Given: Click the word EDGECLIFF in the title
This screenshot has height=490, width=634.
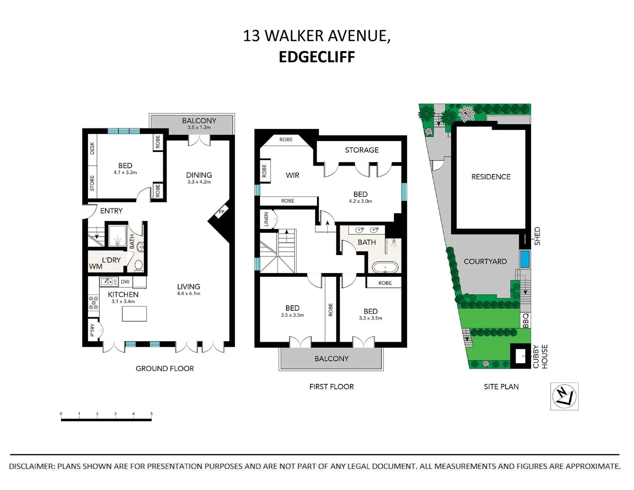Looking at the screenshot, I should (x=317, y=57).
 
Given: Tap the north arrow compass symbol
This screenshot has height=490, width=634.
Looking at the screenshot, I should (x=564, y=397).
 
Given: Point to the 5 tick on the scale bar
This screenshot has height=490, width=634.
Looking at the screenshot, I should (x=151, y=414).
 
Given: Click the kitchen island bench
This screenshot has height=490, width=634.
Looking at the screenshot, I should (x=134, y=314).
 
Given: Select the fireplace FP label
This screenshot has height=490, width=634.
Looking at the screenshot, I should (x=222, y=212).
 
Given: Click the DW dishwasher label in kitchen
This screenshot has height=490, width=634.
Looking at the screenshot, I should (x=125, y=282).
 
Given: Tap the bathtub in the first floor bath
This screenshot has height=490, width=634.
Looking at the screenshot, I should (x=385, y=267).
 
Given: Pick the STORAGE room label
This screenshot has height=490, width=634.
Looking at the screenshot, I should (x=361, y=150).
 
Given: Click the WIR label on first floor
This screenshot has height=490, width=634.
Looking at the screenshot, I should (x=292, y=175).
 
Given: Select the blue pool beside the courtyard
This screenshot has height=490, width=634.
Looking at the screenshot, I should (x=525, y=259).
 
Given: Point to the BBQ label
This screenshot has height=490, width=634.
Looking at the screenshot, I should (x=526, y=320).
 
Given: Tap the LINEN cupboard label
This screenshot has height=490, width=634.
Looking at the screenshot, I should (x=266, y=219).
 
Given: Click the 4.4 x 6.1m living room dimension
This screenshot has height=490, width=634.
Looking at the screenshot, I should (x=189, y=294).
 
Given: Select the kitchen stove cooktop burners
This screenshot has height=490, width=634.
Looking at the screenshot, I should (x=93, y=303).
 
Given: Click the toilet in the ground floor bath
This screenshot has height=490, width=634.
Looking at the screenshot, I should (x=139, y=265).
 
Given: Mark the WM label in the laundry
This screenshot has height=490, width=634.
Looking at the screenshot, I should (x=95, y=267).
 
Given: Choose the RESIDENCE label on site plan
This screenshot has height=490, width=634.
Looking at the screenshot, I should (x=491, y=177).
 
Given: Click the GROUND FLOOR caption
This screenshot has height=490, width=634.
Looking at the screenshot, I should (x=165, y=369).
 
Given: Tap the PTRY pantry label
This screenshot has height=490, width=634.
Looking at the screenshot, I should (x=93, y=330).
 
